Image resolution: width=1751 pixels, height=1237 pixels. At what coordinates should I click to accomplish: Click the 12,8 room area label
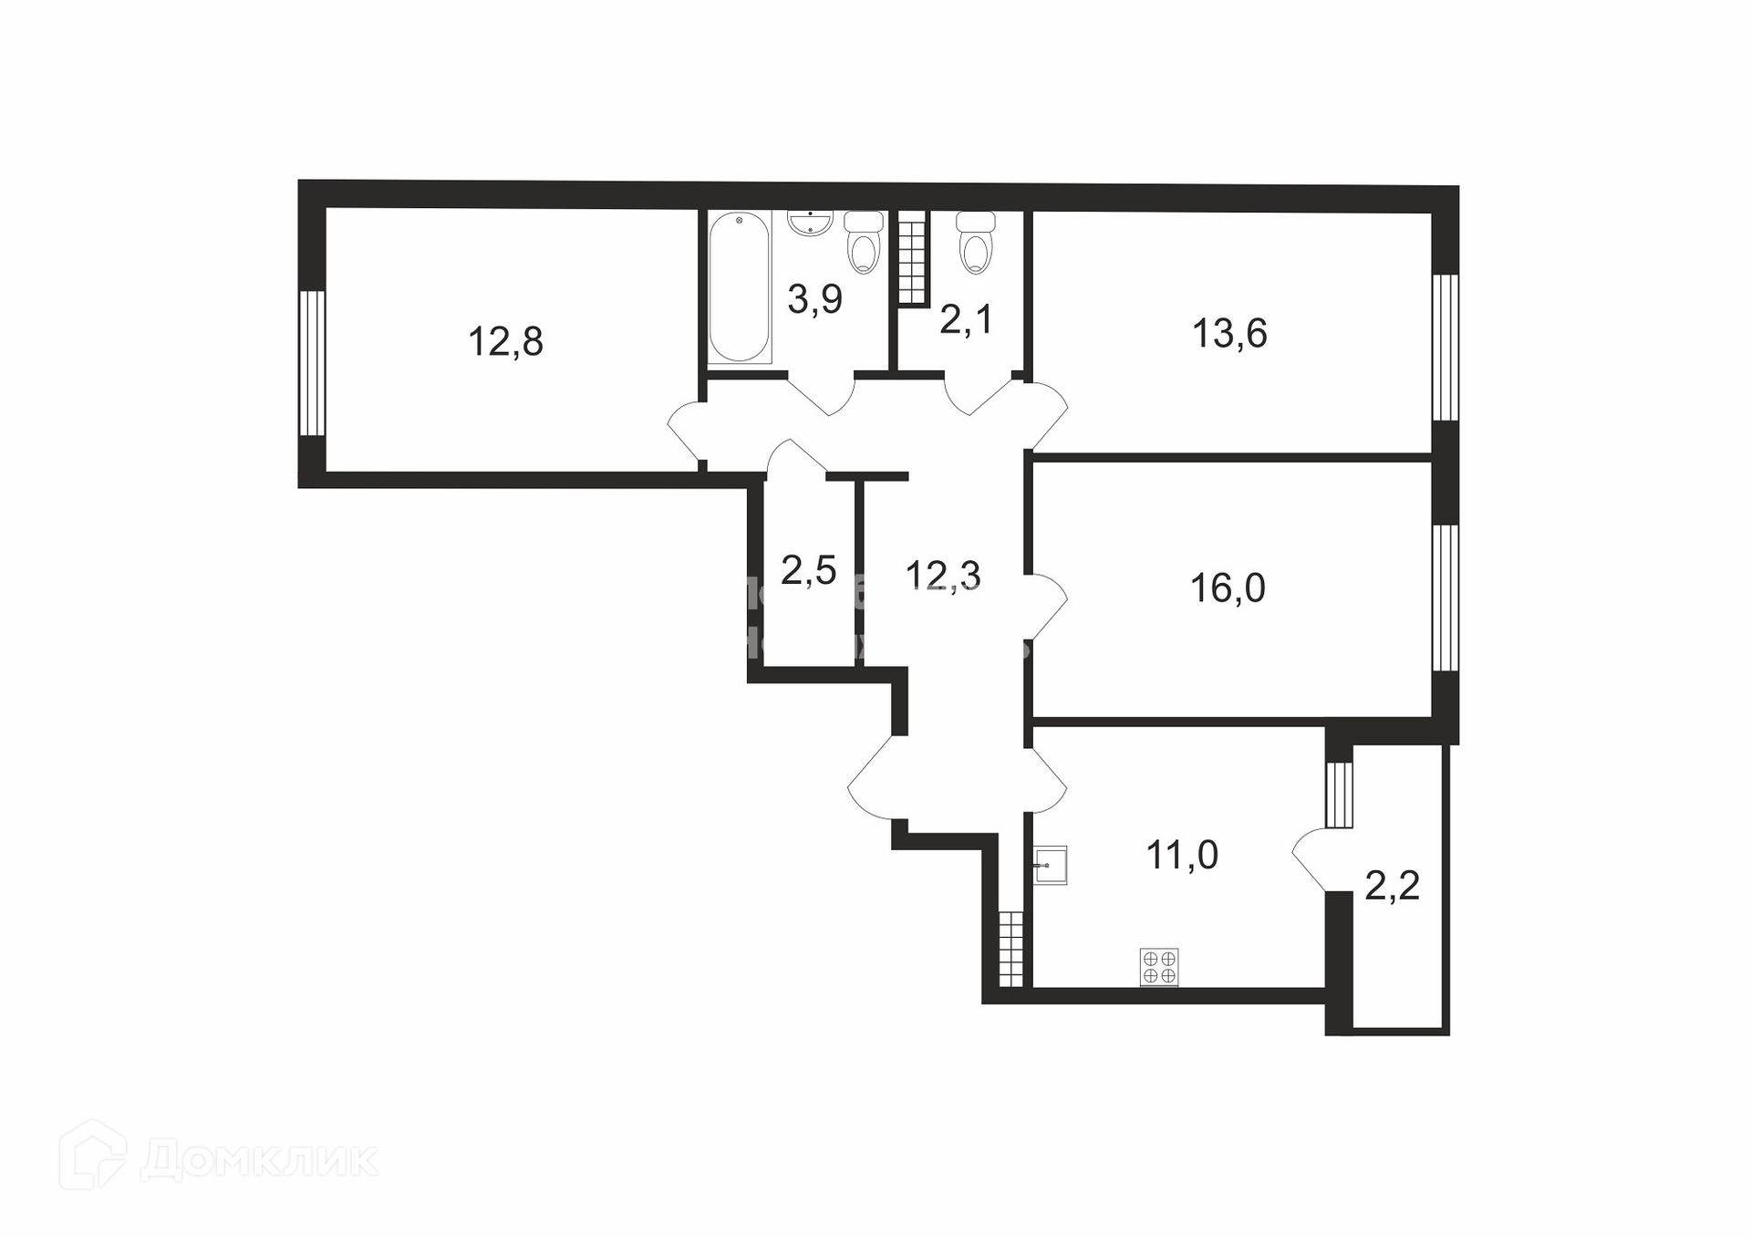point(505,342)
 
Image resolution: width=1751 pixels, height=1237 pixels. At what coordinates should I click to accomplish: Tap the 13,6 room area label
point(1229,334)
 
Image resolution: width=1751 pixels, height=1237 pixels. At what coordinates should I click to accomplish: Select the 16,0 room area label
point(1228,589)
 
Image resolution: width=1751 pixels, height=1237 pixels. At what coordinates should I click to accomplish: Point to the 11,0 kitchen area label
point(1182,856)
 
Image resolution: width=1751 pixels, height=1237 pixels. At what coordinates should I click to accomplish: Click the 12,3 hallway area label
point(942,576)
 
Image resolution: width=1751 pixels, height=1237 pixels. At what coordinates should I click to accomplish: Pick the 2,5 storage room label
point(808,571)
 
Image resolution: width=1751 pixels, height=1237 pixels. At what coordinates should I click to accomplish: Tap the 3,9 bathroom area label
point(814,299)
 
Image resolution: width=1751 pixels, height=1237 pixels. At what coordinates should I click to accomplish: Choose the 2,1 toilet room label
point(966,320)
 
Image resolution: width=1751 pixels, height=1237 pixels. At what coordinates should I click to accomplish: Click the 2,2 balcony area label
point(1392,886)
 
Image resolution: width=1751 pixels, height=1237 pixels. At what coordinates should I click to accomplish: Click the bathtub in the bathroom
point(740,287)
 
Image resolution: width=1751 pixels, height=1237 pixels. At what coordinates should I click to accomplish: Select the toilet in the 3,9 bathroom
point(864,243)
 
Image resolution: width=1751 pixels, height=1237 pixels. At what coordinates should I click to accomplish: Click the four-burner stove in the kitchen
point(1159,967)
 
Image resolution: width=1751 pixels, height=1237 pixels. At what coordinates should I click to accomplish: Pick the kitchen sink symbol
point(1051,865)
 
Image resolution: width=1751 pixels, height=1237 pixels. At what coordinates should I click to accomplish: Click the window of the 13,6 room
point(1445,348)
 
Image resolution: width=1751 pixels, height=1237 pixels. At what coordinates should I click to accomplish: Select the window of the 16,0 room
point(1445,598)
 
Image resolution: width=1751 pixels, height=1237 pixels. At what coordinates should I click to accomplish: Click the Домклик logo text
point(259,1161)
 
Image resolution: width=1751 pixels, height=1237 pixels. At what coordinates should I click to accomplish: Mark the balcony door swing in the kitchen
point(1311,858)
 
